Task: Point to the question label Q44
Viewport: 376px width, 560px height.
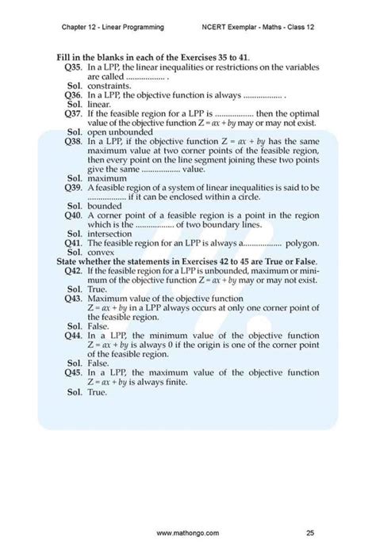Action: point(73,334)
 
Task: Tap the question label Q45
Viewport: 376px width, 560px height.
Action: point(73,371)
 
